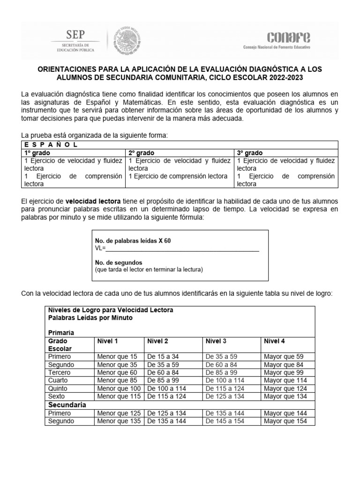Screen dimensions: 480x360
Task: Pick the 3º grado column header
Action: (250, 153)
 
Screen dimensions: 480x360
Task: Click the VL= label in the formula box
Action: (100, 248)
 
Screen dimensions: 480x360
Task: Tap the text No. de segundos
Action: (119, 262)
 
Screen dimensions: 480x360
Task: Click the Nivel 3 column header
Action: (216, 341)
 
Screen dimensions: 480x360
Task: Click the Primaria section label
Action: (61, 332)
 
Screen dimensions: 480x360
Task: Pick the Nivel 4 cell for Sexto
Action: (285, 397)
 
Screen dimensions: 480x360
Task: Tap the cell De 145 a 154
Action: (225, 421)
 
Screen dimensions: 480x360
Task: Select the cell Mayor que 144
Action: (285, 413)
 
